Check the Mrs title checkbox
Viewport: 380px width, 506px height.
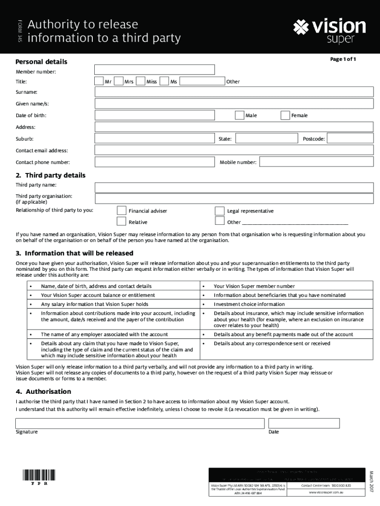pos(118,81)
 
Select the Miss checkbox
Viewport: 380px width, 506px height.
pos(141,81)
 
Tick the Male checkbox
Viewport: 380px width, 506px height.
pos(239,115)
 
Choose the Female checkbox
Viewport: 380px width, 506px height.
pos(285,115)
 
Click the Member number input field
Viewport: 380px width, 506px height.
pos(154,70)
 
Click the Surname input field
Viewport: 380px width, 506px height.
pos(234,92)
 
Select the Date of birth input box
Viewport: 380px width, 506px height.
pos(154,115)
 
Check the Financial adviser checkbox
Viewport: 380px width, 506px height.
pos(121,211)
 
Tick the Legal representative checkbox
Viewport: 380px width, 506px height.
pos(220,211)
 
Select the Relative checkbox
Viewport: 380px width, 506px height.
pos(121,222)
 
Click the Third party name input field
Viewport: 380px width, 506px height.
pos(234,187)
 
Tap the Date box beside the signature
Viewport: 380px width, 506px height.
pos(304,423)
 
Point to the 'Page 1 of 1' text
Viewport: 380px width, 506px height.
pos(343,59)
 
